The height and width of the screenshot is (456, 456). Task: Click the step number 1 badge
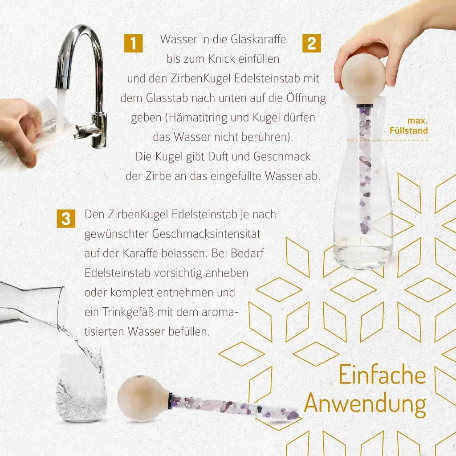pyautogui.click(x=133, y=43)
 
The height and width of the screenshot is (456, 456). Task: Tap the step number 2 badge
pyautogui.click(x=311, y=43)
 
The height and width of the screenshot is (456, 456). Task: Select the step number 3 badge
pyautogui.click(x=66, y=219)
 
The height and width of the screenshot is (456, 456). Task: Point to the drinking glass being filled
pyautogui.click(x=81, y=387)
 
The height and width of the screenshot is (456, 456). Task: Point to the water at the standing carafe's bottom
pyautogui.click(x=363, y=256)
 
